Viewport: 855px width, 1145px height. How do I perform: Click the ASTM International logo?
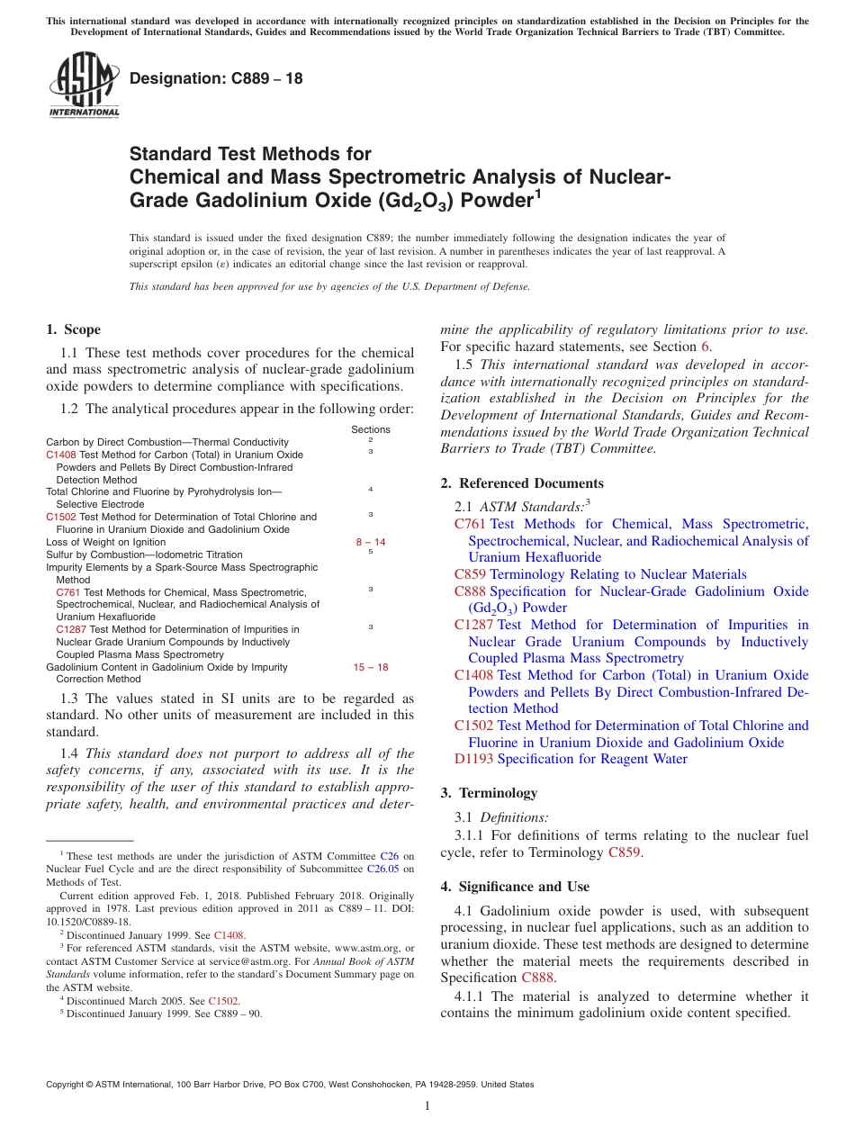(x=84, y=86)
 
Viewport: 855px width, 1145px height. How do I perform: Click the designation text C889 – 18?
(x=216, y=78)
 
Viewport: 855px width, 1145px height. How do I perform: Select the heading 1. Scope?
(x=73, y=329)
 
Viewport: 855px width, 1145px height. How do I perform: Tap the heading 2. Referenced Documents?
(x=522, y=483)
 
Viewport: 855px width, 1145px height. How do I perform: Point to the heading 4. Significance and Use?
(x=515, y=887)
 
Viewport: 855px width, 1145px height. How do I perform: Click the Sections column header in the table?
(x=371, y=430)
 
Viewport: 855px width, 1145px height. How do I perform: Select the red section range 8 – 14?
(x=371, y=542)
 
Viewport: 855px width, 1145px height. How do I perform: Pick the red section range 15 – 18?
(x=371, y=667)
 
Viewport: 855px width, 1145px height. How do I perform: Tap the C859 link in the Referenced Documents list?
(x=470, y=574)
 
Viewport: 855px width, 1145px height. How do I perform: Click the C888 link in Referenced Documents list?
(x=470, y=591)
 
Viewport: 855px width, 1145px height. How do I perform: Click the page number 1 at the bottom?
(x=427, y=1105)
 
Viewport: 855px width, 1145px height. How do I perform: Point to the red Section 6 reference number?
(x=705, y=347)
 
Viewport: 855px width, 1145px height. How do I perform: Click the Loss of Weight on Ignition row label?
(x=106, y=542)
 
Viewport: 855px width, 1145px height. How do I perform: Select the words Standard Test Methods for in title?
(x=250, y=154)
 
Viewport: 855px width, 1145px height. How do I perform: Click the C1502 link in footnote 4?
(x=223, y=1000)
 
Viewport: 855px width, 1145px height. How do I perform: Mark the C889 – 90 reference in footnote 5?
(x=237, y=1013)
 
